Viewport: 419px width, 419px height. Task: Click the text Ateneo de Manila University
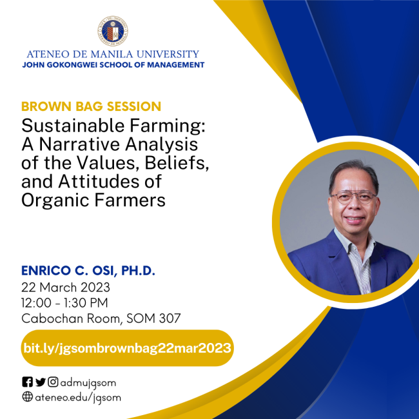pos(113,54)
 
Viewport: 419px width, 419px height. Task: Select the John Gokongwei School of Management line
pos(113,65)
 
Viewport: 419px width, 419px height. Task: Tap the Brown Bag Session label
pos(91,106)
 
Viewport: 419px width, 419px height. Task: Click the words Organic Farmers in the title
pos(93,200)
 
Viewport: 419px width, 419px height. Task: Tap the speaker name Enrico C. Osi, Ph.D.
pos(88,271)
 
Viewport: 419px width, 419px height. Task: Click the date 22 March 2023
pos(66,287)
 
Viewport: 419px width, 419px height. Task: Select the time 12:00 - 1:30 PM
pos(65,302)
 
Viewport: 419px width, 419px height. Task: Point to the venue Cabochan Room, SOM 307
pos(101,318)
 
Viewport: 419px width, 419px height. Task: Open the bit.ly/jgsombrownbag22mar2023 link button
pos(127,348)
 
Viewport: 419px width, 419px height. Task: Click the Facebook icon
pos(27,382)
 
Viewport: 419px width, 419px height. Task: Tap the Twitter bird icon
pos(40,382)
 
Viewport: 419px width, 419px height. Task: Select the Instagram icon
pos(53,382)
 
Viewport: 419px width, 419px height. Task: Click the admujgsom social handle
pos(88,382)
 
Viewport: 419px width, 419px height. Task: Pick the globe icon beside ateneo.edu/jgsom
pos(27,397)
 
